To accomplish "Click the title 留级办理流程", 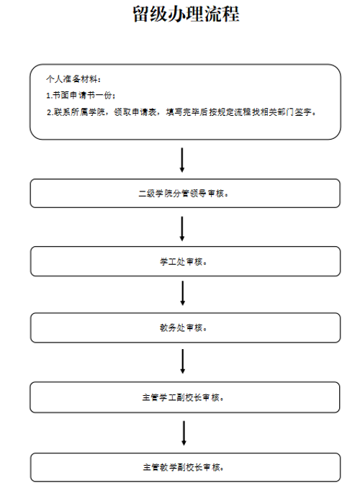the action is [186, 14].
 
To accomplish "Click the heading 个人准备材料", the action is [72, 79].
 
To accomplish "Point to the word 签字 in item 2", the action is [303, 112].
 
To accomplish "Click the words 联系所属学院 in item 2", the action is [79, 112].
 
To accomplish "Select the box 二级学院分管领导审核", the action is [185, 194].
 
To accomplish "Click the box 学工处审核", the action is [186, 261].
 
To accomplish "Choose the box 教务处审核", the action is [186, 328].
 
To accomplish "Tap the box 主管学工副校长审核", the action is [185, 397].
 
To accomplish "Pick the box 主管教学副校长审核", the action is [186, 467].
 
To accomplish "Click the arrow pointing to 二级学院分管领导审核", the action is [182, 160].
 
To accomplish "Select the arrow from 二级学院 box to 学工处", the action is [182, 229].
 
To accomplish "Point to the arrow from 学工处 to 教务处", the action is [183, 293].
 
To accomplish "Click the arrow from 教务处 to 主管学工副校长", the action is [183, 361].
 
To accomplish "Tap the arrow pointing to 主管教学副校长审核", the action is [184, 433].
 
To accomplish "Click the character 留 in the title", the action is [141, 14].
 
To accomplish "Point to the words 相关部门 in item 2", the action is [277, 112].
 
